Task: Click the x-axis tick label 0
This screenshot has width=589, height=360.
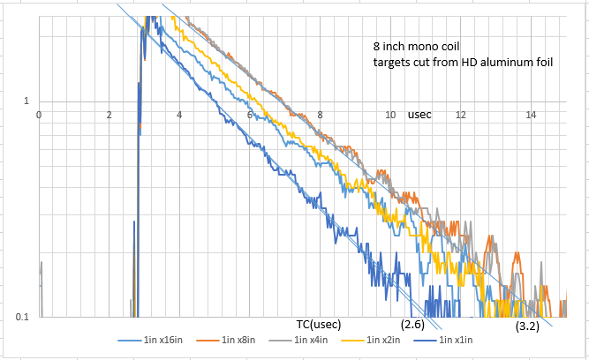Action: pos(39,115)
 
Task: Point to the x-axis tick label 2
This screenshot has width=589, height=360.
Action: pos(109,115)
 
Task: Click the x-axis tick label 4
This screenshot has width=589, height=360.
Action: pos(179,115)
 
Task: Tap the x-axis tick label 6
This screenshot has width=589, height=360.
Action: pos(250,115)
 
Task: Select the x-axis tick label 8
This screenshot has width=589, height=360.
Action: pos(321,115)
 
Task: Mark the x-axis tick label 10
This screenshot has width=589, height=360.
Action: pos(390,115)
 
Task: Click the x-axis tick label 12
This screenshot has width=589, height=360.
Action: pos(461,115)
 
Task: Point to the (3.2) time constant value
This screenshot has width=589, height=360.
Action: pos(528,326)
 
